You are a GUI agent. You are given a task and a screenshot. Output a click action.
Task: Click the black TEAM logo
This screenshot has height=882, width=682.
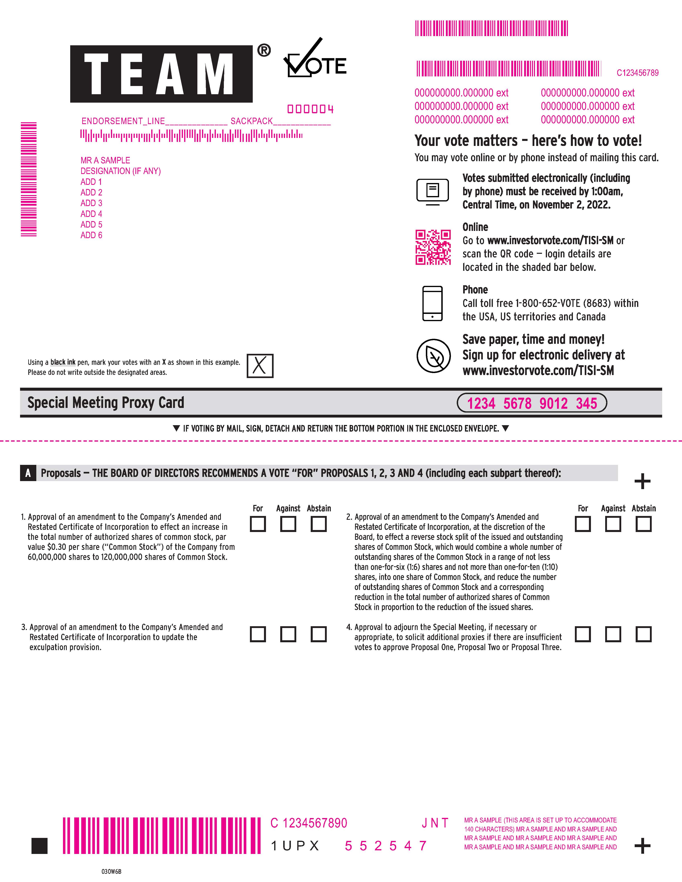161,74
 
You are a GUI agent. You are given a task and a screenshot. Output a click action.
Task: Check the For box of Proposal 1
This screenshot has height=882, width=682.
258,524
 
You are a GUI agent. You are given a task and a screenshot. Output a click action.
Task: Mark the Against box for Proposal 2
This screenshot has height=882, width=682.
613,524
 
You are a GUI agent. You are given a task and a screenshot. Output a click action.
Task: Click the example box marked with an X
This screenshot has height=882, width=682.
260,366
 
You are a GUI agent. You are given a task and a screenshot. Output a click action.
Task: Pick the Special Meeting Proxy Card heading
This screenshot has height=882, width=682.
106,403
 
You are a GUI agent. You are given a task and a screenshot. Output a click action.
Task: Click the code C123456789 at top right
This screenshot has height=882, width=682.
637,73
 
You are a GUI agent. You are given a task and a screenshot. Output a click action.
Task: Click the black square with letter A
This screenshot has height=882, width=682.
28,473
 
